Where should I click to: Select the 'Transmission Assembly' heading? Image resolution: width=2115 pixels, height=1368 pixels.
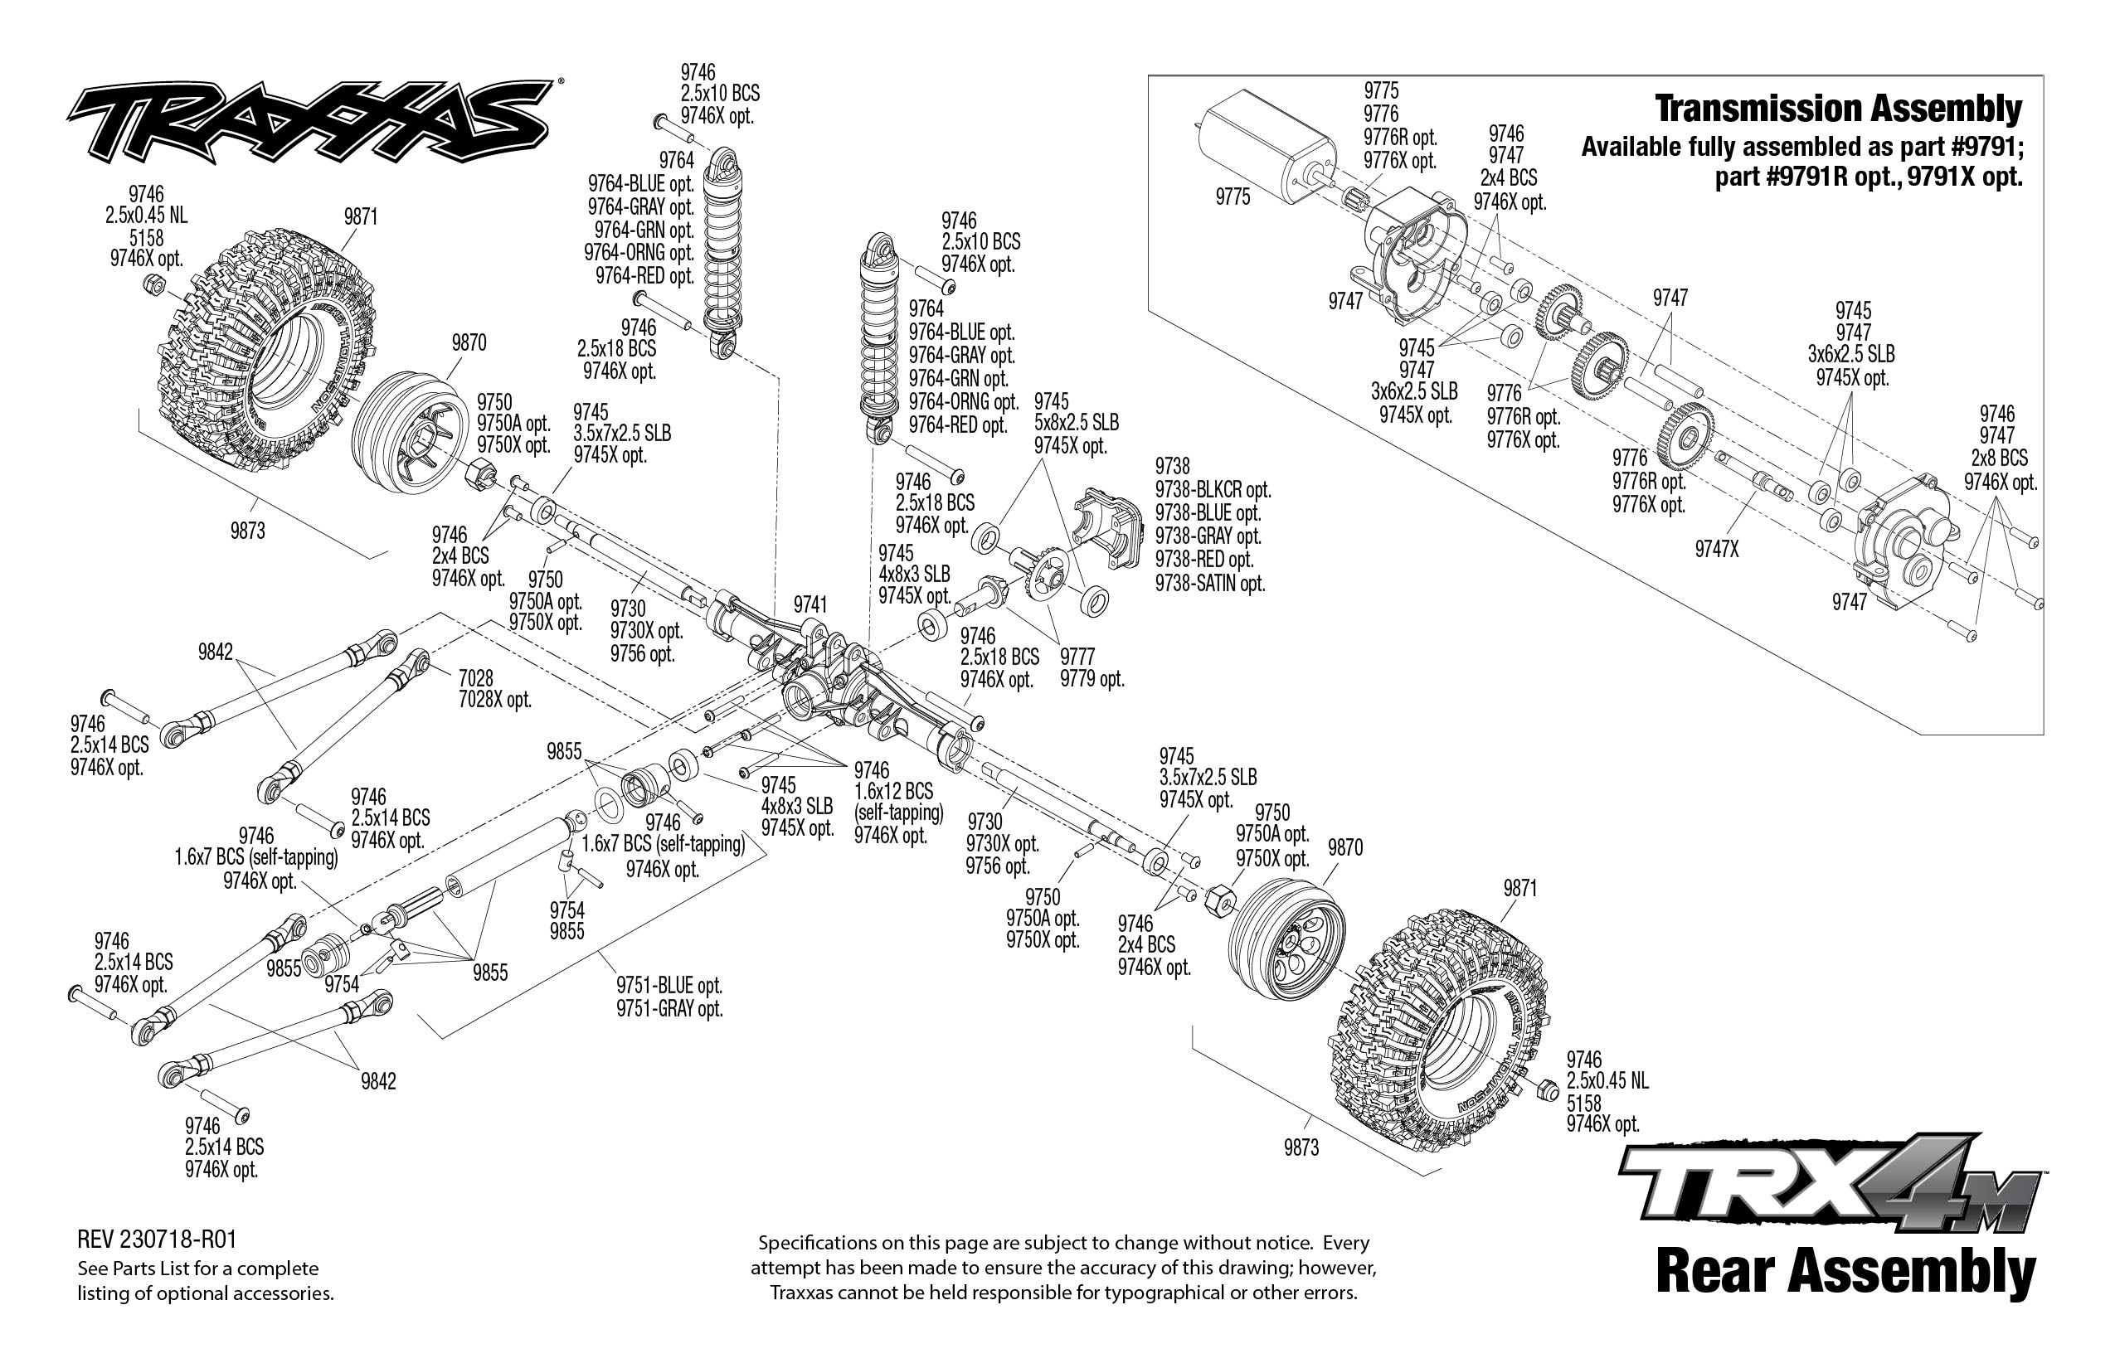pyautogui.click(x=1838, y=109)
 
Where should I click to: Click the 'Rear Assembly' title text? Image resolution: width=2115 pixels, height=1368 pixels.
pyautogui.click(x=1845, y=1272)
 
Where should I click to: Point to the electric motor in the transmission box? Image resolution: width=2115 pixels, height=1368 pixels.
pyautogui.click(x=1267, y=148)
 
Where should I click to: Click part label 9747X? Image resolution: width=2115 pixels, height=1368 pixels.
pyautogui.click(x=1716, y=550)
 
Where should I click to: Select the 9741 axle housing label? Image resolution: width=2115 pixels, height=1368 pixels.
pyautogui.click(x=810, y=605)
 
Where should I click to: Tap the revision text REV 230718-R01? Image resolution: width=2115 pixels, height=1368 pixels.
pyautogui.click(x=158, y=1239)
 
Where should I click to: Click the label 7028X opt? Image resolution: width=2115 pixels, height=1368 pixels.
pyautogui.click(x=494, y=700)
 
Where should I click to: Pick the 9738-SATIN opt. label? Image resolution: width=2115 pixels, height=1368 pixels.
pyautogui.click(x=1209, y=584)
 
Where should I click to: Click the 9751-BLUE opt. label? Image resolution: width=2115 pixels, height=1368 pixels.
pyautogui.click(x=669, y=986)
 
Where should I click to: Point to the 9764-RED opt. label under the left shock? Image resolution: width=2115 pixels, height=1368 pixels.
pyautogui.click(x=644, y=275)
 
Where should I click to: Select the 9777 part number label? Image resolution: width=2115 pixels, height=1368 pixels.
pyautogui.click(x=1077, y=657)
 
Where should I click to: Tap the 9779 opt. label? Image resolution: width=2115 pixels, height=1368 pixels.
pyautogui.click(x=1092, y=680)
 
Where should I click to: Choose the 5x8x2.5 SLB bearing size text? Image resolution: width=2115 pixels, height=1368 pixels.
pyautogui.click(x=1077, y=423)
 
